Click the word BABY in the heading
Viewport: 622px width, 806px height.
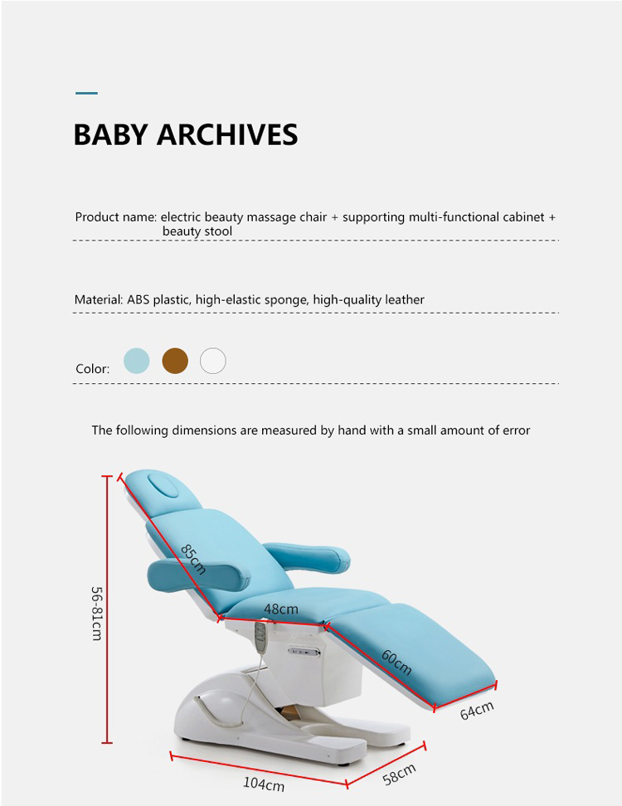click(110, 134)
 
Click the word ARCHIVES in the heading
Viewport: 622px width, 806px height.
click(227, 134)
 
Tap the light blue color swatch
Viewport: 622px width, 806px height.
click(137, 361)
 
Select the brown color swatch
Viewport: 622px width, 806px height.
click(175, 361)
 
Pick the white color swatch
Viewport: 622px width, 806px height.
click(213, 361)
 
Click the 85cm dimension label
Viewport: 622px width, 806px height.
click(193, 559)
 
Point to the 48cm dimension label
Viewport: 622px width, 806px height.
click(280, 609)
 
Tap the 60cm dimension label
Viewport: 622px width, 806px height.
click(396, 662)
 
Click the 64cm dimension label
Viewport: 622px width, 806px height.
click(477, 711)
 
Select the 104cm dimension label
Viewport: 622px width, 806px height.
click(264, 784)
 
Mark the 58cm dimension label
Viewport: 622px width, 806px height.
click(399, 774)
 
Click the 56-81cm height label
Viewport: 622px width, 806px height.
click(97, 614)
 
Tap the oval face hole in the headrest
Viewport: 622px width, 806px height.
click(163, 485)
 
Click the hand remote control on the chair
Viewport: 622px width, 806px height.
click(260, 638)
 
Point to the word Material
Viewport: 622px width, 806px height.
click(98, 299)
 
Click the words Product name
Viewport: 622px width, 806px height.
click(115, 217)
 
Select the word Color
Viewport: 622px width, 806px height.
click(92, 369)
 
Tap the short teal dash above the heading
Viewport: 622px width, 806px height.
click(86, 93)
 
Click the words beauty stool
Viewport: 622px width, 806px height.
click(197, 231)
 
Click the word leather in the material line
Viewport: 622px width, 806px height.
click(405, 299)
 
